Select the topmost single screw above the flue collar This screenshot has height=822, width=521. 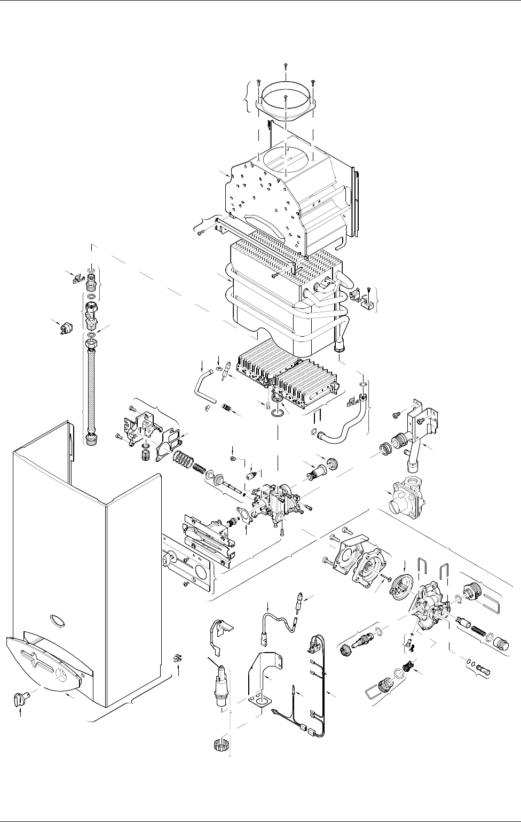pyautogui.click(x=285, y=66)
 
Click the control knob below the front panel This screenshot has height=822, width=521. pyautogui.click(x=20, y=698)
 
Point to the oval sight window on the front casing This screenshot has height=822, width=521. pyautogui.click(x=55, y=621)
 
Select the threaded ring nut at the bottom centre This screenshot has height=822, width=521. pyautogui.click(x=217, y=746)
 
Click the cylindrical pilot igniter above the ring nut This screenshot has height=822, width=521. pyautogui.click(x=219, y=689)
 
